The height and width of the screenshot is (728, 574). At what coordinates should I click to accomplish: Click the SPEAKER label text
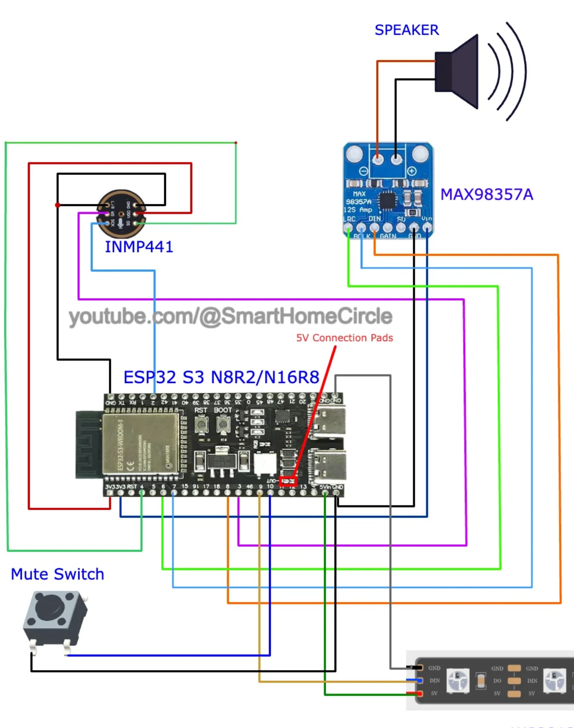[406, 30]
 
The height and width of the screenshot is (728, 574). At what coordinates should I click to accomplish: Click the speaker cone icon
[458, 72]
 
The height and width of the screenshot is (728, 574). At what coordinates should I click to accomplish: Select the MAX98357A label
[486, 195]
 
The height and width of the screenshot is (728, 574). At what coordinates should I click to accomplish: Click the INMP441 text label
[139, 247]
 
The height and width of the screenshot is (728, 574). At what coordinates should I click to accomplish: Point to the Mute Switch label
[58, 574]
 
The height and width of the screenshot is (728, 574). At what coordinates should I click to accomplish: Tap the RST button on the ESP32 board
[202, 425]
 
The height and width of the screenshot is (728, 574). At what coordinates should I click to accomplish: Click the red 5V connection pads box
[288, 481]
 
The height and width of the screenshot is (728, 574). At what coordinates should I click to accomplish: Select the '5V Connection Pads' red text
[344, 338]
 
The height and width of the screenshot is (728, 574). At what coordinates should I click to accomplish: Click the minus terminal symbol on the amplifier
[364, 171]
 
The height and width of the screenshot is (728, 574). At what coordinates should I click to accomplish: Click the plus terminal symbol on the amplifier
[411, 171]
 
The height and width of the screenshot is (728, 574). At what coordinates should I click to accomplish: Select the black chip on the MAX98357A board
[387, 200]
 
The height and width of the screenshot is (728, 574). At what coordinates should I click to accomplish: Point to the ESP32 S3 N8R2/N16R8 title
[221, 377]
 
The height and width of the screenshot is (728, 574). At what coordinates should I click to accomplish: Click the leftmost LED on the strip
[457, 680]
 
